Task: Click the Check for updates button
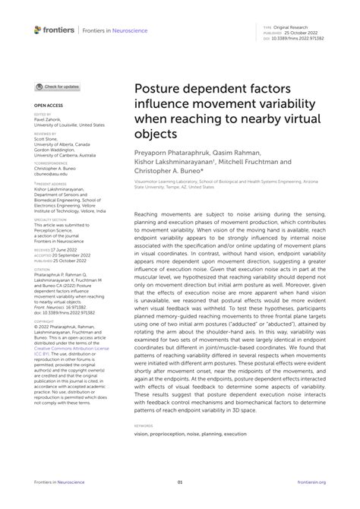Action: tap(58, 87)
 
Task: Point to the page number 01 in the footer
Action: tap(180, 482)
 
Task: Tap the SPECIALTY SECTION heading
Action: tap(51, 220)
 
